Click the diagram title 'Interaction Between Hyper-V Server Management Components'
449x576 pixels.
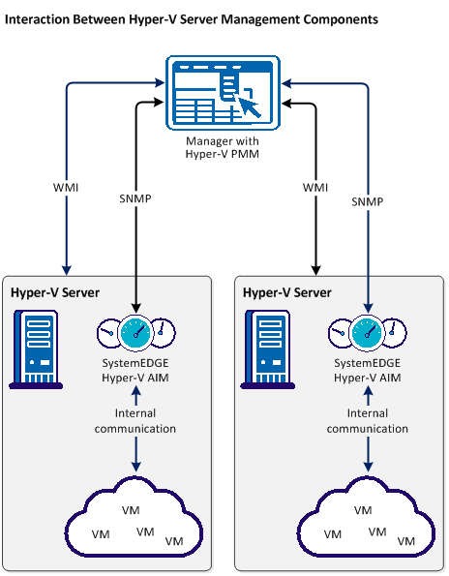(192, 18)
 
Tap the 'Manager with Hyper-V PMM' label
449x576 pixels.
(224, 147)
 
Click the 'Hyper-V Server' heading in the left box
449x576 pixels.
(55, 292)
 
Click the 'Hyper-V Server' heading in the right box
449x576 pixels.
(287, 292)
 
